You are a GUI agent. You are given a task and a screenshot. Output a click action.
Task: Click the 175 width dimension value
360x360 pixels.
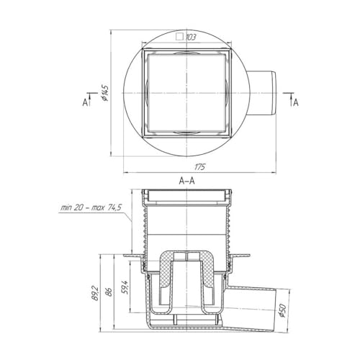pyautogui.click(x=199, y=166)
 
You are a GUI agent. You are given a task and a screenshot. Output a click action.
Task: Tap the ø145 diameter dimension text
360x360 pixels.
pyautogui.click(x=105, y=93)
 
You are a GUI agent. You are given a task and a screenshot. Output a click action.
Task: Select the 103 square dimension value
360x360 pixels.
pyautogui.click(x=191, y=37)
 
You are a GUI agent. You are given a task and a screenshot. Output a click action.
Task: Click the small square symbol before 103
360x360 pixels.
pyautogui.click(x=179, y=37)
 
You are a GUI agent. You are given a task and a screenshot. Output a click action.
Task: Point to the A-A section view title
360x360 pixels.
pyautogui.click(x=187, y=181)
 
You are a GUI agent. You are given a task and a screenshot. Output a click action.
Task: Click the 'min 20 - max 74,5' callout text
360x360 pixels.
pyautogui.click(x=91, y=207)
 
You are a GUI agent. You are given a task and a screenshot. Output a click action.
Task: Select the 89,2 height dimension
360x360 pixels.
pyautogui.click(x=96, y=293)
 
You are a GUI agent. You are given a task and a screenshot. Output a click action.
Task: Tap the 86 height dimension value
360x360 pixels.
pyautogui.click(x=109, y=292)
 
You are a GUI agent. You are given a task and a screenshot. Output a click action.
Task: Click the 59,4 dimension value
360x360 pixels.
pyautogui.click(x=125, y=287)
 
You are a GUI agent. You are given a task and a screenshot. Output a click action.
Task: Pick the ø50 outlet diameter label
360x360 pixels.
pyautogui.click(x=283, y=310)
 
